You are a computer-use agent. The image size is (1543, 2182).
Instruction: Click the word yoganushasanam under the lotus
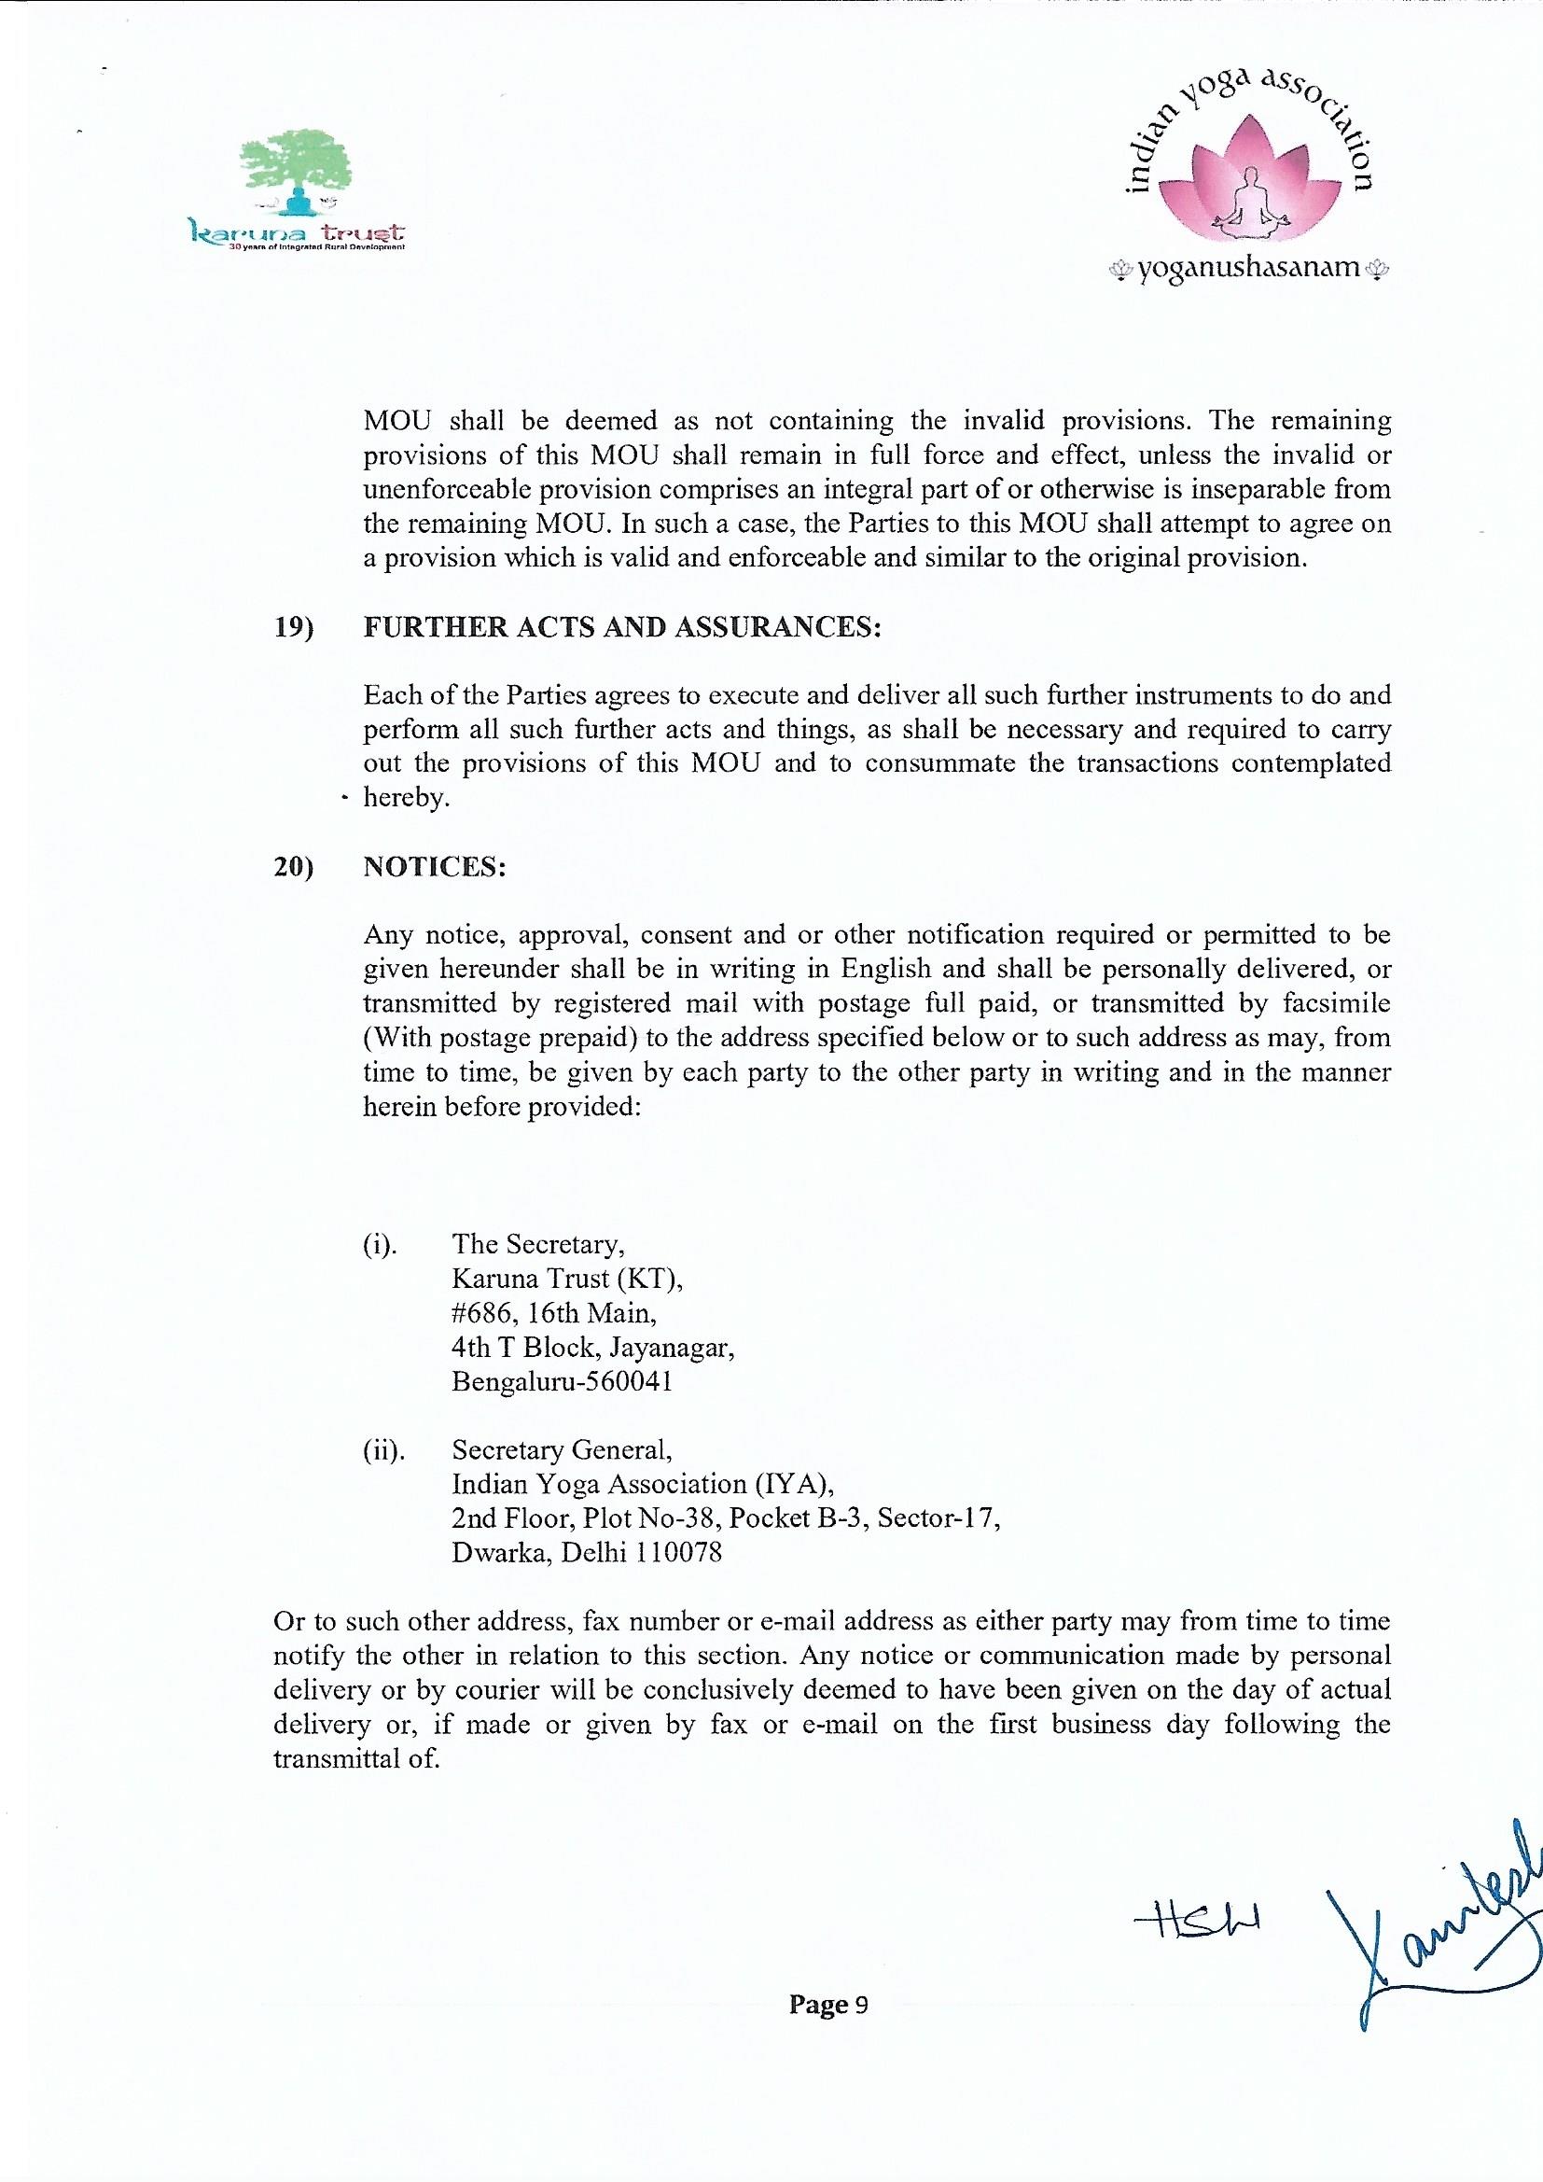[1249, 268]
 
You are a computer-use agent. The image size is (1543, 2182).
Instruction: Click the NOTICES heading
[434, 868]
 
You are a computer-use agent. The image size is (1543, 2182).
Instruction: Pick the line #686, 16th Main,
[554, 1313]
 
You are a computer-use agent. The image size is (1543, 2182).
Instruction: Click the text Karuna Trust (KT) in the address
[566, 1280]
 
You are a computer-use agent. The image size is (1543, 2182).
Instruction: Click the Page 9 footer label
[827, 2006]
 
